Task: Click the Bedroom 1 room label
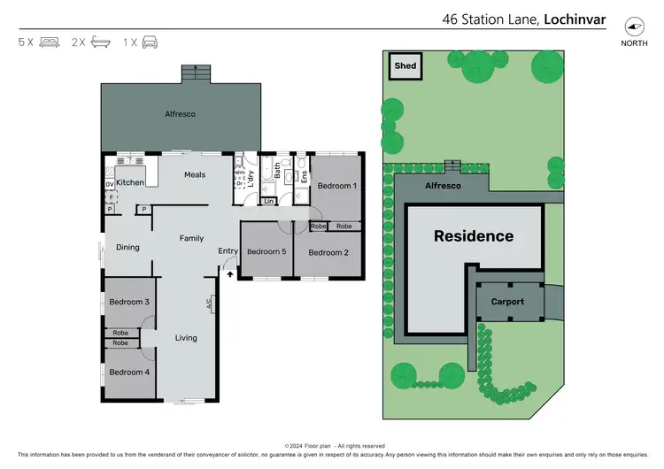tap(337, 186)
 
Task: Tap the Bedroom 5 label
tap(266, 252)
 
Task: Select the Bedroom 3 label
tap(129, 303)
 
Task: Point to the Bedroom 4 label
tap(129, 372)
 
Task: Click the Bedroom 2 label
tap(328, 252)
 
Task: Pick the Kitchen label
tap(130, 182)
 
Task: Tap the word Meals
tap(195, 174)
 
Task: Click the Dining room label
tap(128, 247)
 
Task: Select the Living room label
tap(186, 338)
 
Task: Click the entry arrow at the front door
tap(230, 275)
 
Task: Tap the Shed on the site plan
tap(405, 65)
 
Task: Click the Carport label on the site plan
tap(508, 302)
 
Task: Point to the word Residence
tap(474, 236)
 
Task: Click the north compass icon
tap(634, 26)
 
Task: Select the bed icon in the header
tap(50, 42)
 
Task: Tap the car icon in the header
tap(150, 42)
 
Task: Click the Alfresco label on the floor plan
tap(181, 114)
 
